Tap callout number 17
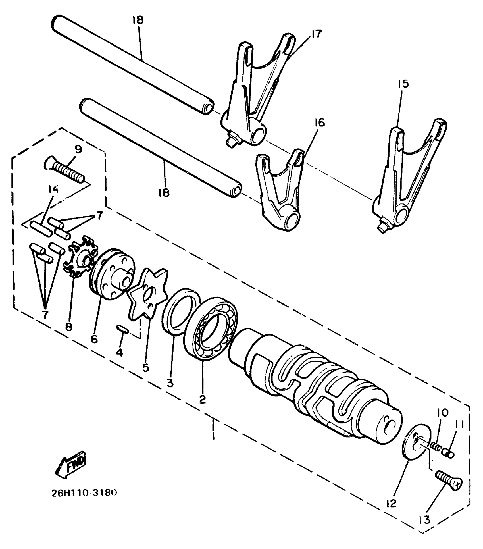pyautogui.click(x=316, y=34)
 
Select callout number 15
pyautogui.click(x=403, y=84)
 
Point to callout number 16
pyautogui.click(x=319, y=123)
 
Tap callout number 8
pyautogui.click(x=68, y=327)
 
